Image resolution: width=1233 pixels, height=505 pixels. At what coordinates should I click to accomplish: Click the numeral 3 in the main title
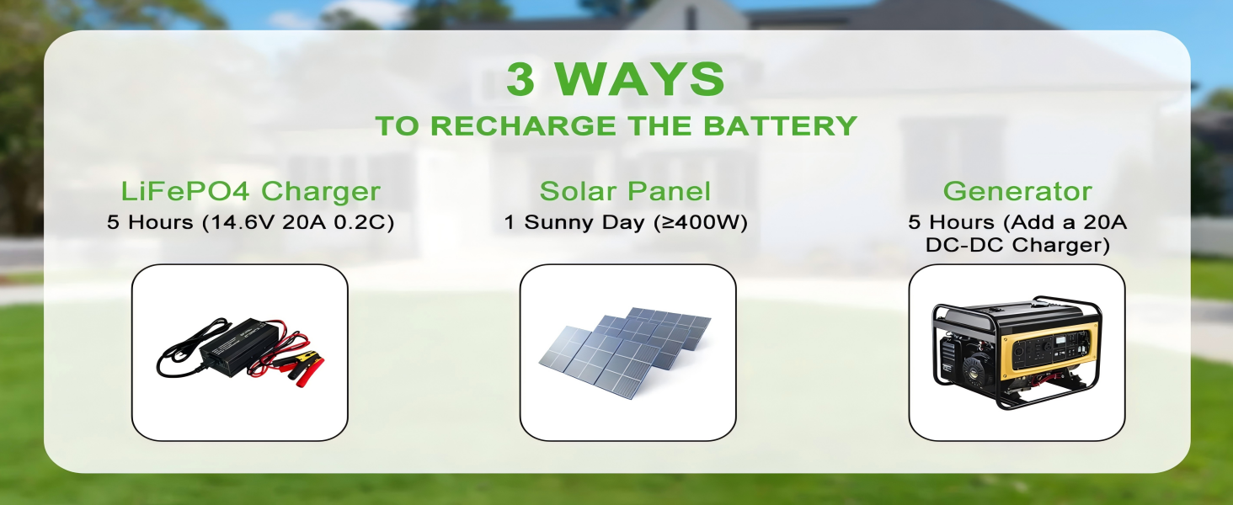pos(520,78)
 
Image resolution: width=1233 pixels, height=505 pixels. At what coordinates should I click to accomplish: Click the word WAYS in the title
pos(639,78)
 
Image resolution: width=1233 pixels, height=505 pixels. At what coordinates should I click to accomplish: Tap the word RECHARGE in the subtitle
pos(523,125)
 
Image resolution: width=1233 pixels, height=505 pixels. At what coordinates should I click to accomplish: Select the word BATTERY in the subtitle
pos(780,125)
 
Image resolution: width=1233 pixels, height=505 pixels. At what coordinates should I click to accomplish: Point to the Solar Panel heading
pos(625,191)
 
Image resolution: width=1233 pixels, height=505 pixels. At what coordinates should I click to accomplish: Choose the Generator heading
pos(1017,191)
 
